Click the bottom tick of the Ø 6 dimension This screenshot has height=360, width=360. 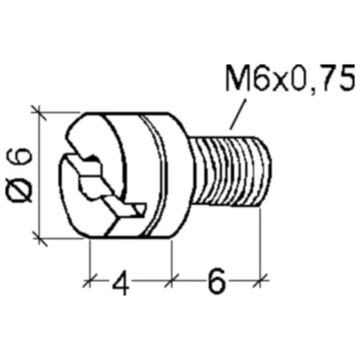point(40,238)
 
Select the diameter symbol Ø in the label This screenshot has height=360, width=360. point(21,191)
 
